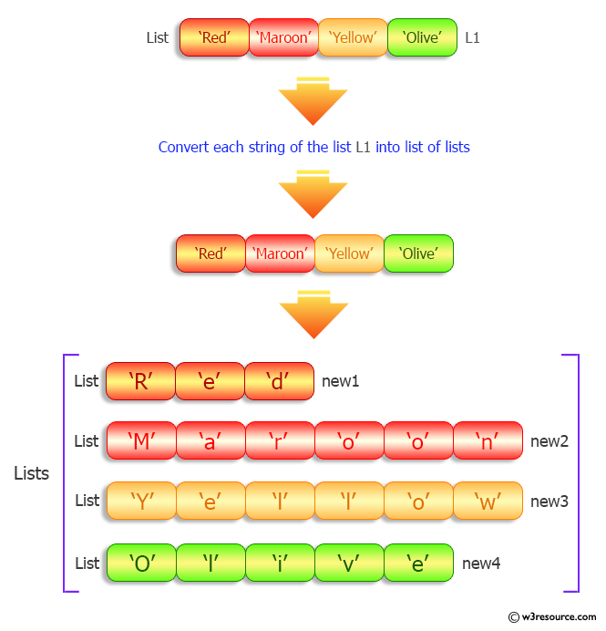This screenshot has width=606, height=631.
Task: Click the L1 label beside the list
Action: [472, 38]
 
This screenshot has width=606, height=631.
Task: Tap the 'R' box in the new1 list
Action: [140, 381]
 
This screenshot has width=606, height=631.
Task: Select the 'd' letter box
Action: [279, 381]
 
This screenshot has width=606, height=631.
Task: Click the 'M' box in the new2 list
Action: [140, 440]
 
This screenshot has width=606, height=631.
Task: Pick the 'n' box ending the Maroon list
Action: [487, 440]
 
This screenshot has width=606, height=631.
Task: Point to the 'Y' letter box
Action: [140, 501]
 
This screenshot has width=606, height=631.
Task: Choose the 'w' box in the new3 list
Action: [487, 501]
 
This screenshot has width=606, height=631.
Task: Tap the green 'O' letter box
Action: [140, 563]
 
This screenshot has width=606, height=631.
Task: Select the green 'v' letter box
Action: [348, 563]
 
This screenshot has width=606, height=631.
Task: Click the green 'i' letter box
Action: [279, 563]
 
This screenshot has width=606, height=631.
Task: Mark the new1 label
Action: [341, 381]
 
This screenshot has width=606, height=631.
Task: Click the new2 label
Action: [550, 441]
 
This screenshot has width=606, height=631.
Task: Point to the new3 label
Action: [550, 501]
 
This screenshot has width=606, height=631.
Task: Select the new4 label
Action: [481, 564]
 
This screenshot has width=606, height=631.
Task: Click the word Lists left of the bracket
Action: [32, 474]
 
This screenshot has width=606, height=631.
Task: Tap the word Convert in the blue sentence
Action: [183, 147]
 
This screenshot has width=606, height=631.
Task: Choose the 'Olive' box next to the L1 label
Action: [422, 38]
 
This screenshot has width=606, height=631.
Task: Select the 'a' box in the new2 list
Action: [210, 440]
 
